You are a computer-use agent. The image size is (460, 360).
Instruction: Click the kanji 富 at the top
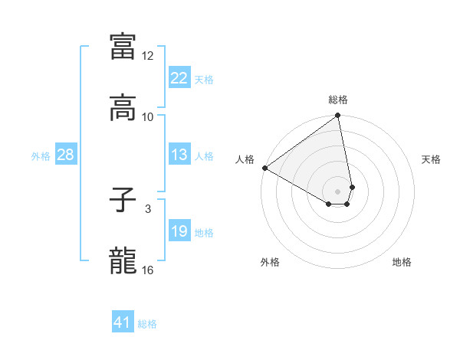point(123,47)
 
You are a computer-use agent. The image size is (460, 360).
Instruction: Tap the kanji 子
point(123,202)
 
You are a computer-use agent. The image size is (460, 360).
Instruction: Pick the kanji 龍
point(123,261)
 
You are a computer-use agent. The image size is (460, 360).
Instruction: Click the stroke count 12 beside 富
point(148,56)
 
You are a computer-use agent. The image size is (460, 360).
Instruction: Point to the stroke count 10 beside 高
point(148,116)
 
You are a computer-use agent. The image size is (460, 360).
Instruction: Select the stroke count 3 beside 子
point(148,208)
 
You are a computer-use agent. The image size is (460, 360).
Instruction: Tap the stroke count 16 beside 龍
point(148,270)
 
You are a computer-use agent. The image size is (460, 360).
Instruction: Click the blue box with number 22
point(179,78)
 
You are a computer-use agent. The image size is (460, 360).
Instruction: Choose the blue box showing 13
point(179,155)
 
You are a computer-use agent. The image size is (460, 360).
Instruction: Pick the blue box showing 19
point(179,231)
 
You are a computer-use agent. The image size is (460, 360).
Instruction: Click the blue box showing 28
point(65,155)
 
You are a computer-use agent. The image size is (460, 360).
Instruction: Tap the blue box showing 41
point(123,322)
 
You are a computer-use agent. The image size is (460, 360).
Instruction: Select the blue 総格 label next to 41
point(147,324)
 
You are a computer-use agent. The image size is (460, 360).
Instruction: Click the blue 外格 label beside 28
point(41,155)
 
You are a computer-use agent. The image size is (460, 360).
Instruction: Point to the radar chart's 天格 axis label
point(431,159)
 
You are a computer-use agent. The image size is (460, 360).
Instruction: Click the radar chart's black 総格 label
point(338,100)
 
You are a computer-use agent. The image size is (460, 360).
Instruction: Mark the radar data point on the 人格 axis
point(264,168)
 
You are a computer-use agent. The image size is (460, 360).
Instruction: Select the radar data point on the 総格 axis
point(338,116)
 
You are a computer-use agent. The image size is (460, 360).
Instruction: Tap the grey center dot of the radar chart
point(338,191)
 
